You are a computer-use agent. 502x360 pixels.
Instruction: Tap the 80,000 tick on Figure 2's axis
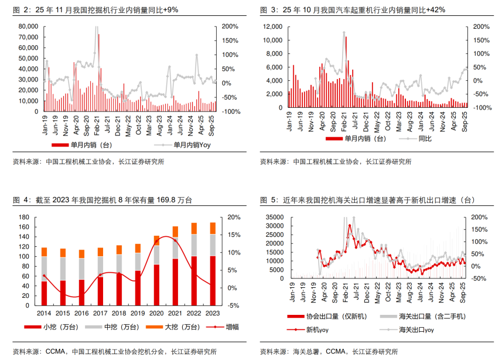(28, 27)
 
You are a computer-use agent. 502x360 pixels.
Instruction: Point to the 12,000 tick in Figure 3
(273, 27)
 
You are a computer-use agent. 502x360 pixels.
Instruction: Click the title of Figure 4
(102, 201)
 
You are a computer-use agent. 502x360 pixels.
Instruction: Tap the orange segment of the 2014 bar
(44, 252)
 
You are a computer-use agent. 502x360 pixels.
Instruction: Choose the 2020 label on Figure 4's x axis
(156, 314)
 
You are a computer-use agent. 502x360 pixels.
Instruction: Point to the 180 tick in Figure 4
(24, 217)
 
